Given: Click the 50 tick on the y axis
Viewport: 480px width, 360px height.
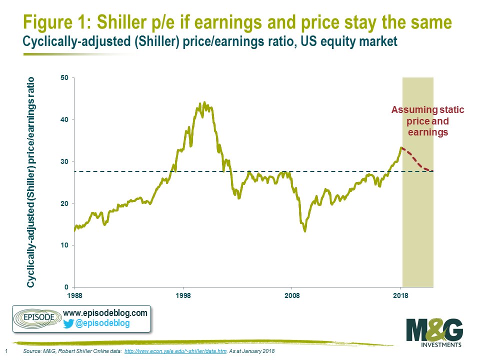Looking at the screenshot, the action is coord(64,78).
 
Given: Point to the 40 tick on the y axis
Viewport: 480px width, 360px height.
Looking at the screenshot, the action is coord(64,119).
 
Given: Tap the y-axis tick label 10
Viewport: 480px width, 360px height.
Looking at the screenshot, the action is coord(64,245).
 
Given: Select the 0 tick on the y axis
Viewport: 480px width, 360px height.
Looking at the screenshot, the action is coord(66,287).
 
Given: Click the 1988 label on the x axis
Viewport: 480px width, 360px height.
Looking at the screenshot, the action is coord(74,295).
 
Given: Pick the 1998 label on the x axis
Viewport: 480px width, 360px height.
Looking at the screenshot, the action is coord(183,295).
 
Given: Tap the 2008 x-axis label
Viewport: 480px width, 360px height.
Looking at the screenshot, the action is coord(292,295).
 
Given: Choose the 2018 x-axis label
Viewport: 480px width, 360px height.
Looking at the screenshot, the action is coord(400,295).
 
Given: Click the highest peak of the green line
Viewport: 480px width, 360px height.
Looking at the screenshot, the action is coord(204,102).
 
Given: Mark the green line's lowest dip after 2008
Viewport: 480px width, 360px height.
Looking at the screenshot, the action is coord(305,231).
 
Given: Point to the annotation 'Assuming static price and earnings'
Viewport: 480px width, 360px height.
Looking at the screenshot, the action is coord(427,121).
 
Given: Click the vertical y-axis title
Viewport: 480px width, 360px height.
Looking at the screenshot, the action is coord(30,182).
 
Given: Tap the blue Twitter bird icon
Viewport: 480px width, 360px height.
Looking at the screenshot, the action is coord(68,323).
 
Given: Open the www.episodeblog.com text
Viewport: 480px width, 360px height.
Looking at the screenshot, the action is coord(105,313).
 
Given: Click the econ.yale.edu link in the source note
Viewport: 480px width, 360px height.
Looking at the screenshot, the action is coord(175,351).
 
